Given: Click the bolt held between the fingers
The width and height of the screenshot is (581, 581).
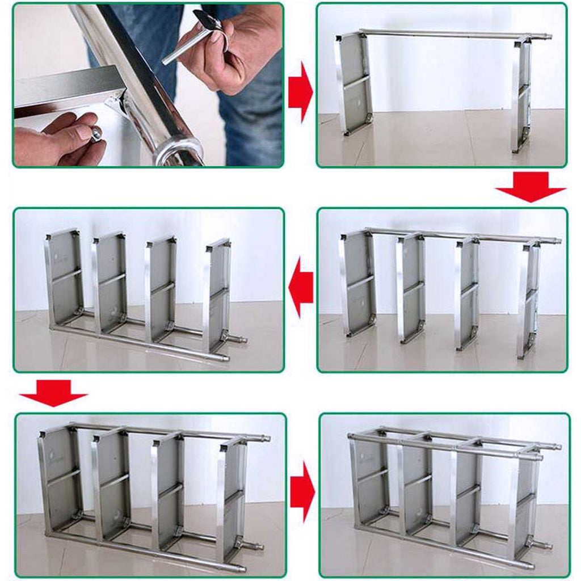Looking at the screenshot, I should point(96,134).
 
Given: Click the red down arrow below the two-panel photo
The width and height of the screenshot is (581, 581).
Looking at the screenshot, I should point(531,187).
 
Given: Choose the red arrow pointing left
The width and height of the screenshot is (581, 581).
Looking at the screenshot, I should point(301,287).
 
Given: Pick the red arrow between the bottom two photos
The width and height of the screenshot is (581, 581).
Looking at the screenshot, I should point(302,492).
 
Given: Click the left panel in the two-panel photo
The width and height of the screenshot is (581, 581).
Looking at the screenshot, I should point(355,82).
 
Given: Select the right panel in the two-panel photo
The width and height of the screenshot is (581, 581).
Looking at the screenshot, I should point(522,94).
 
